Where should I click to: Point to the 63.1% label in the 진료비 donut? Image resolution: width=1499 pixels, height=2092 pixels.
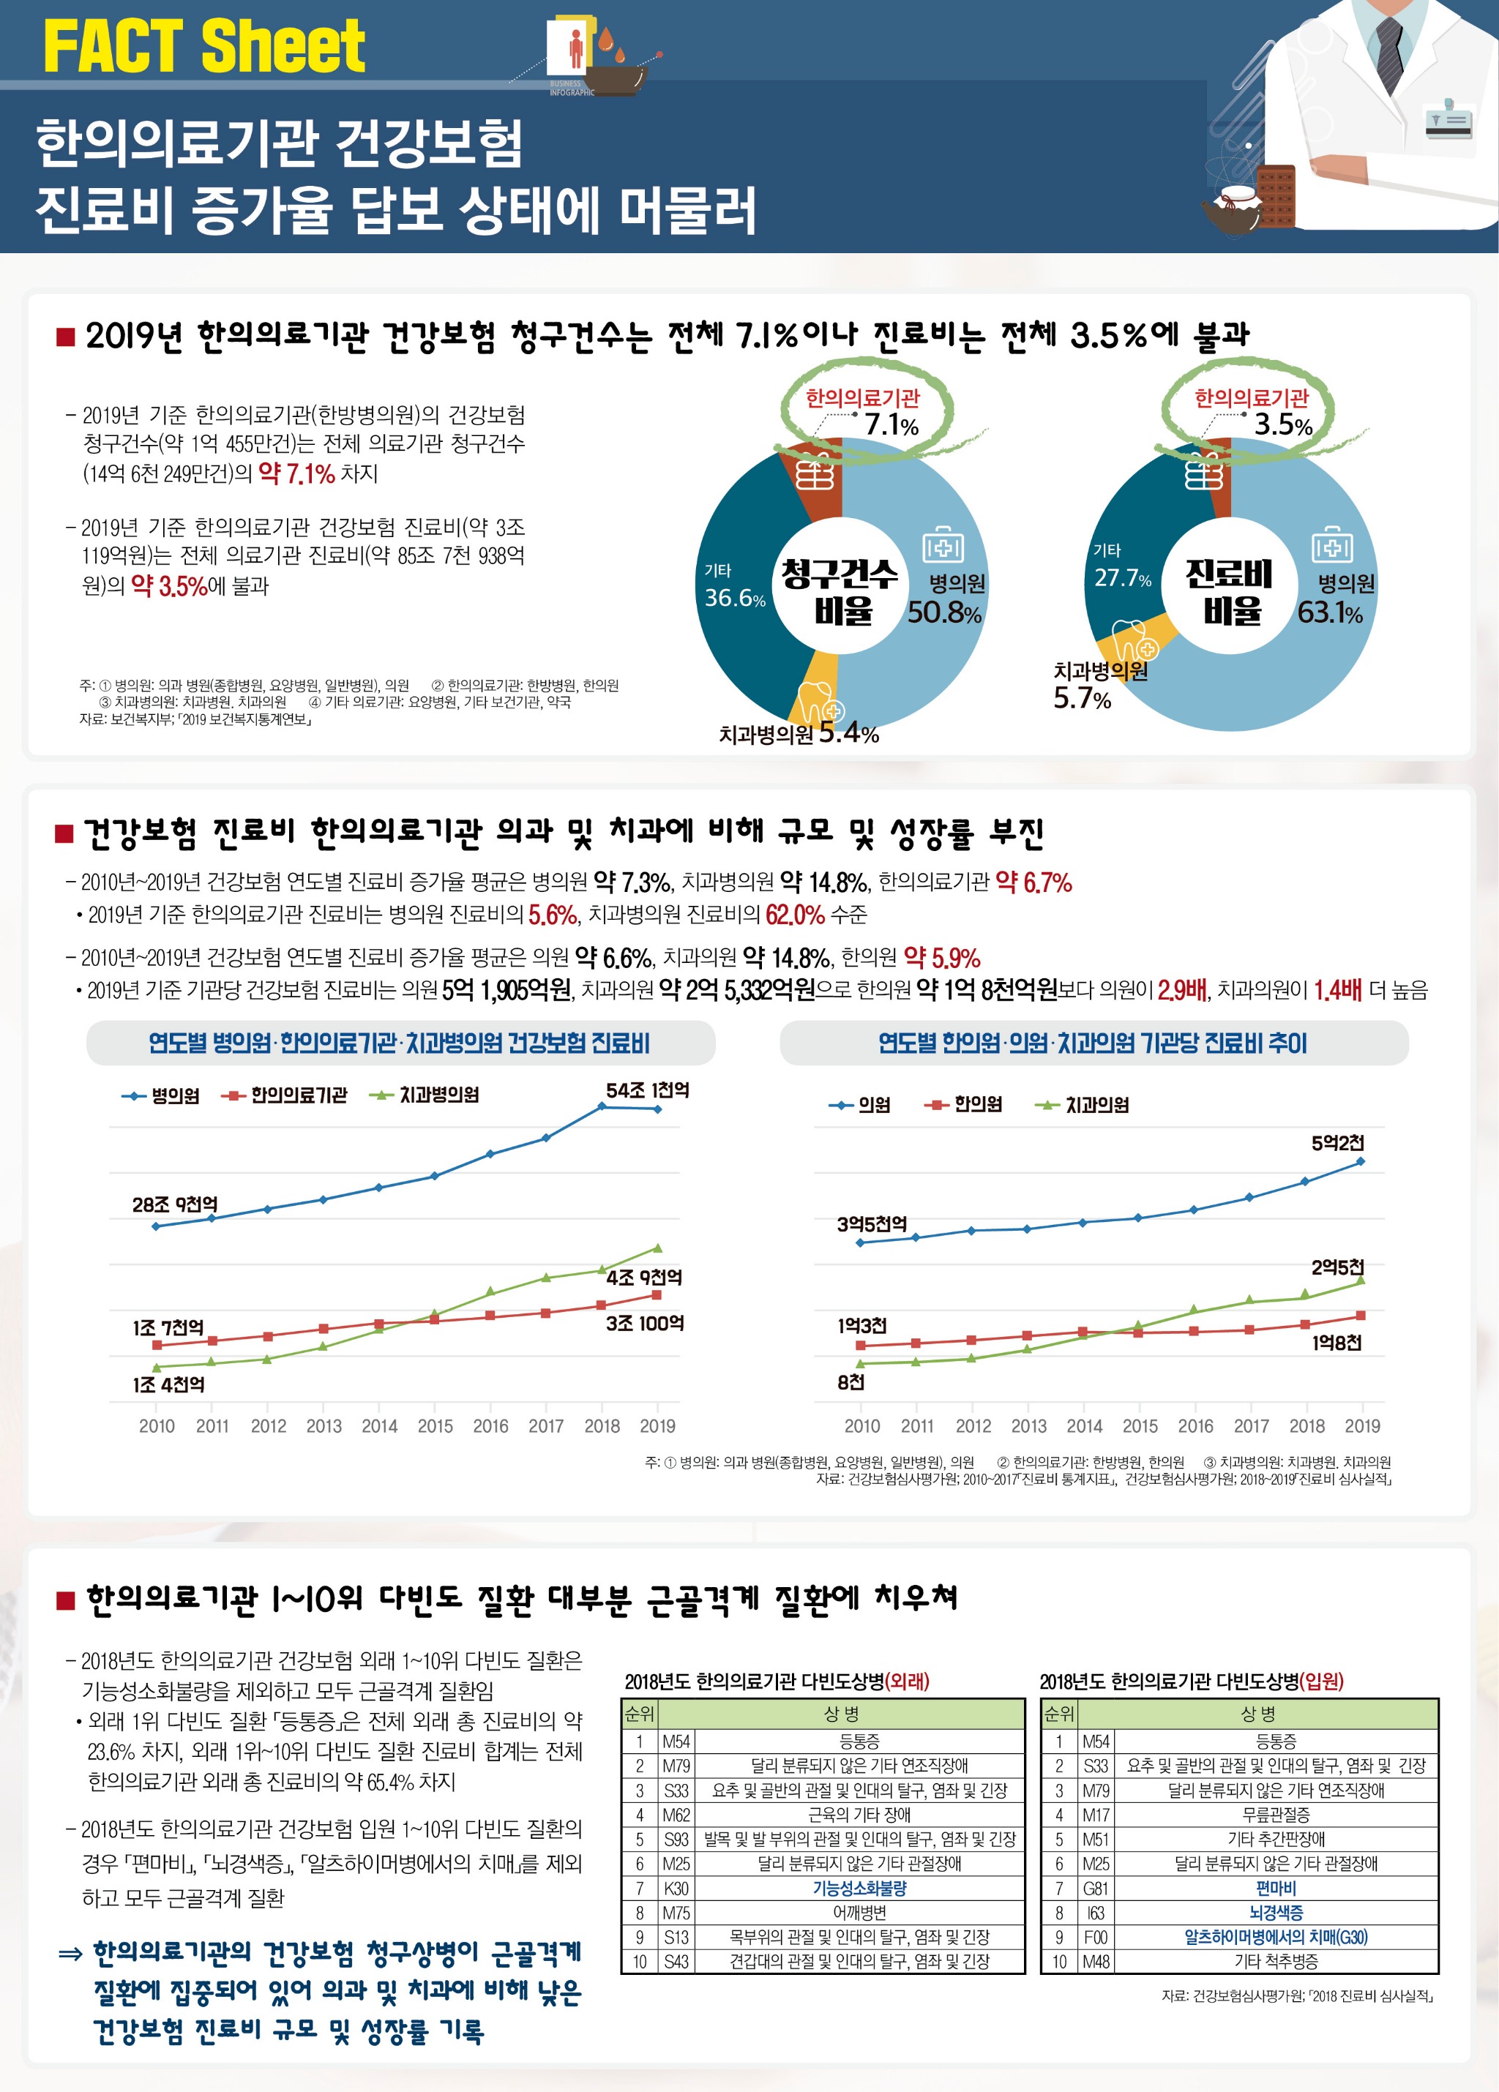(1329, 612)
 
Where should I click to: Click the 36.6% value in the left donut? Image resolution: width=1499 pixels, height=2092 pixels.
(734, 598)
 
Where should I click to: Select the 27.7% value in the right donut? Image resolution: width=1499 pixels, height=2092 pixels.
(1122, 578)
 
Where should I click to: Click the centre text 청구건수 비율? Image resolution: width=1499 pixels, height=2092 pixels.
(840, 591)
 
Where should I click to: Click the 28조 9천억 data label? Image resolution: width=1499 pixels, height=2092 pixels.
(175, 1204)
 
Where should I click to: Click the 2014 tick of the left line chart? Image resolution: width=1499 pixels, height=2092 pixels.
(379, 1426)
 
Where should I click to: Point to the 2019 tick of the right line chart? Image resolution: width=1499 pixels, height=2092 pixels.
(1361, 1426)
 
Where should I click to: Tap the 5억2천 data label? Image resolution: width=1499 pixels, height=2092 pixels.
(1337, 1143)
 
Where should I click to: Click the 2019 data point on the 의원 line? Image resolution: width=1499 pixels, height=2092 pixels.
(1361, 1162)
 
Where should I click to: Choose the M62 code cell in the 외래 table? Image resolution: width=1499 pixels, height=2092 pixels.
(676, 1815)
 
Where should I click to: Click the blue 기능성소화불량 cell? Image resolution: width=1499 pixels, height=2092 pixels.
(859, 1888)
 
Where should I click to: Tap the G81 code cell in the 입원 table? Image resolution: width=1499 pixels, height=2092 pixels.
(1095, 1888)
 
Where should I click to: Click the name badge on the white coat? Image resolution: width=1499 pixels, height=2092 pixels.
(1448, 121)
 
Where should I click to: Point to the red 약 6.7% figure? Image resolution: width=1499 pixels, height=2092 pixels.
(1033, 882)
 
